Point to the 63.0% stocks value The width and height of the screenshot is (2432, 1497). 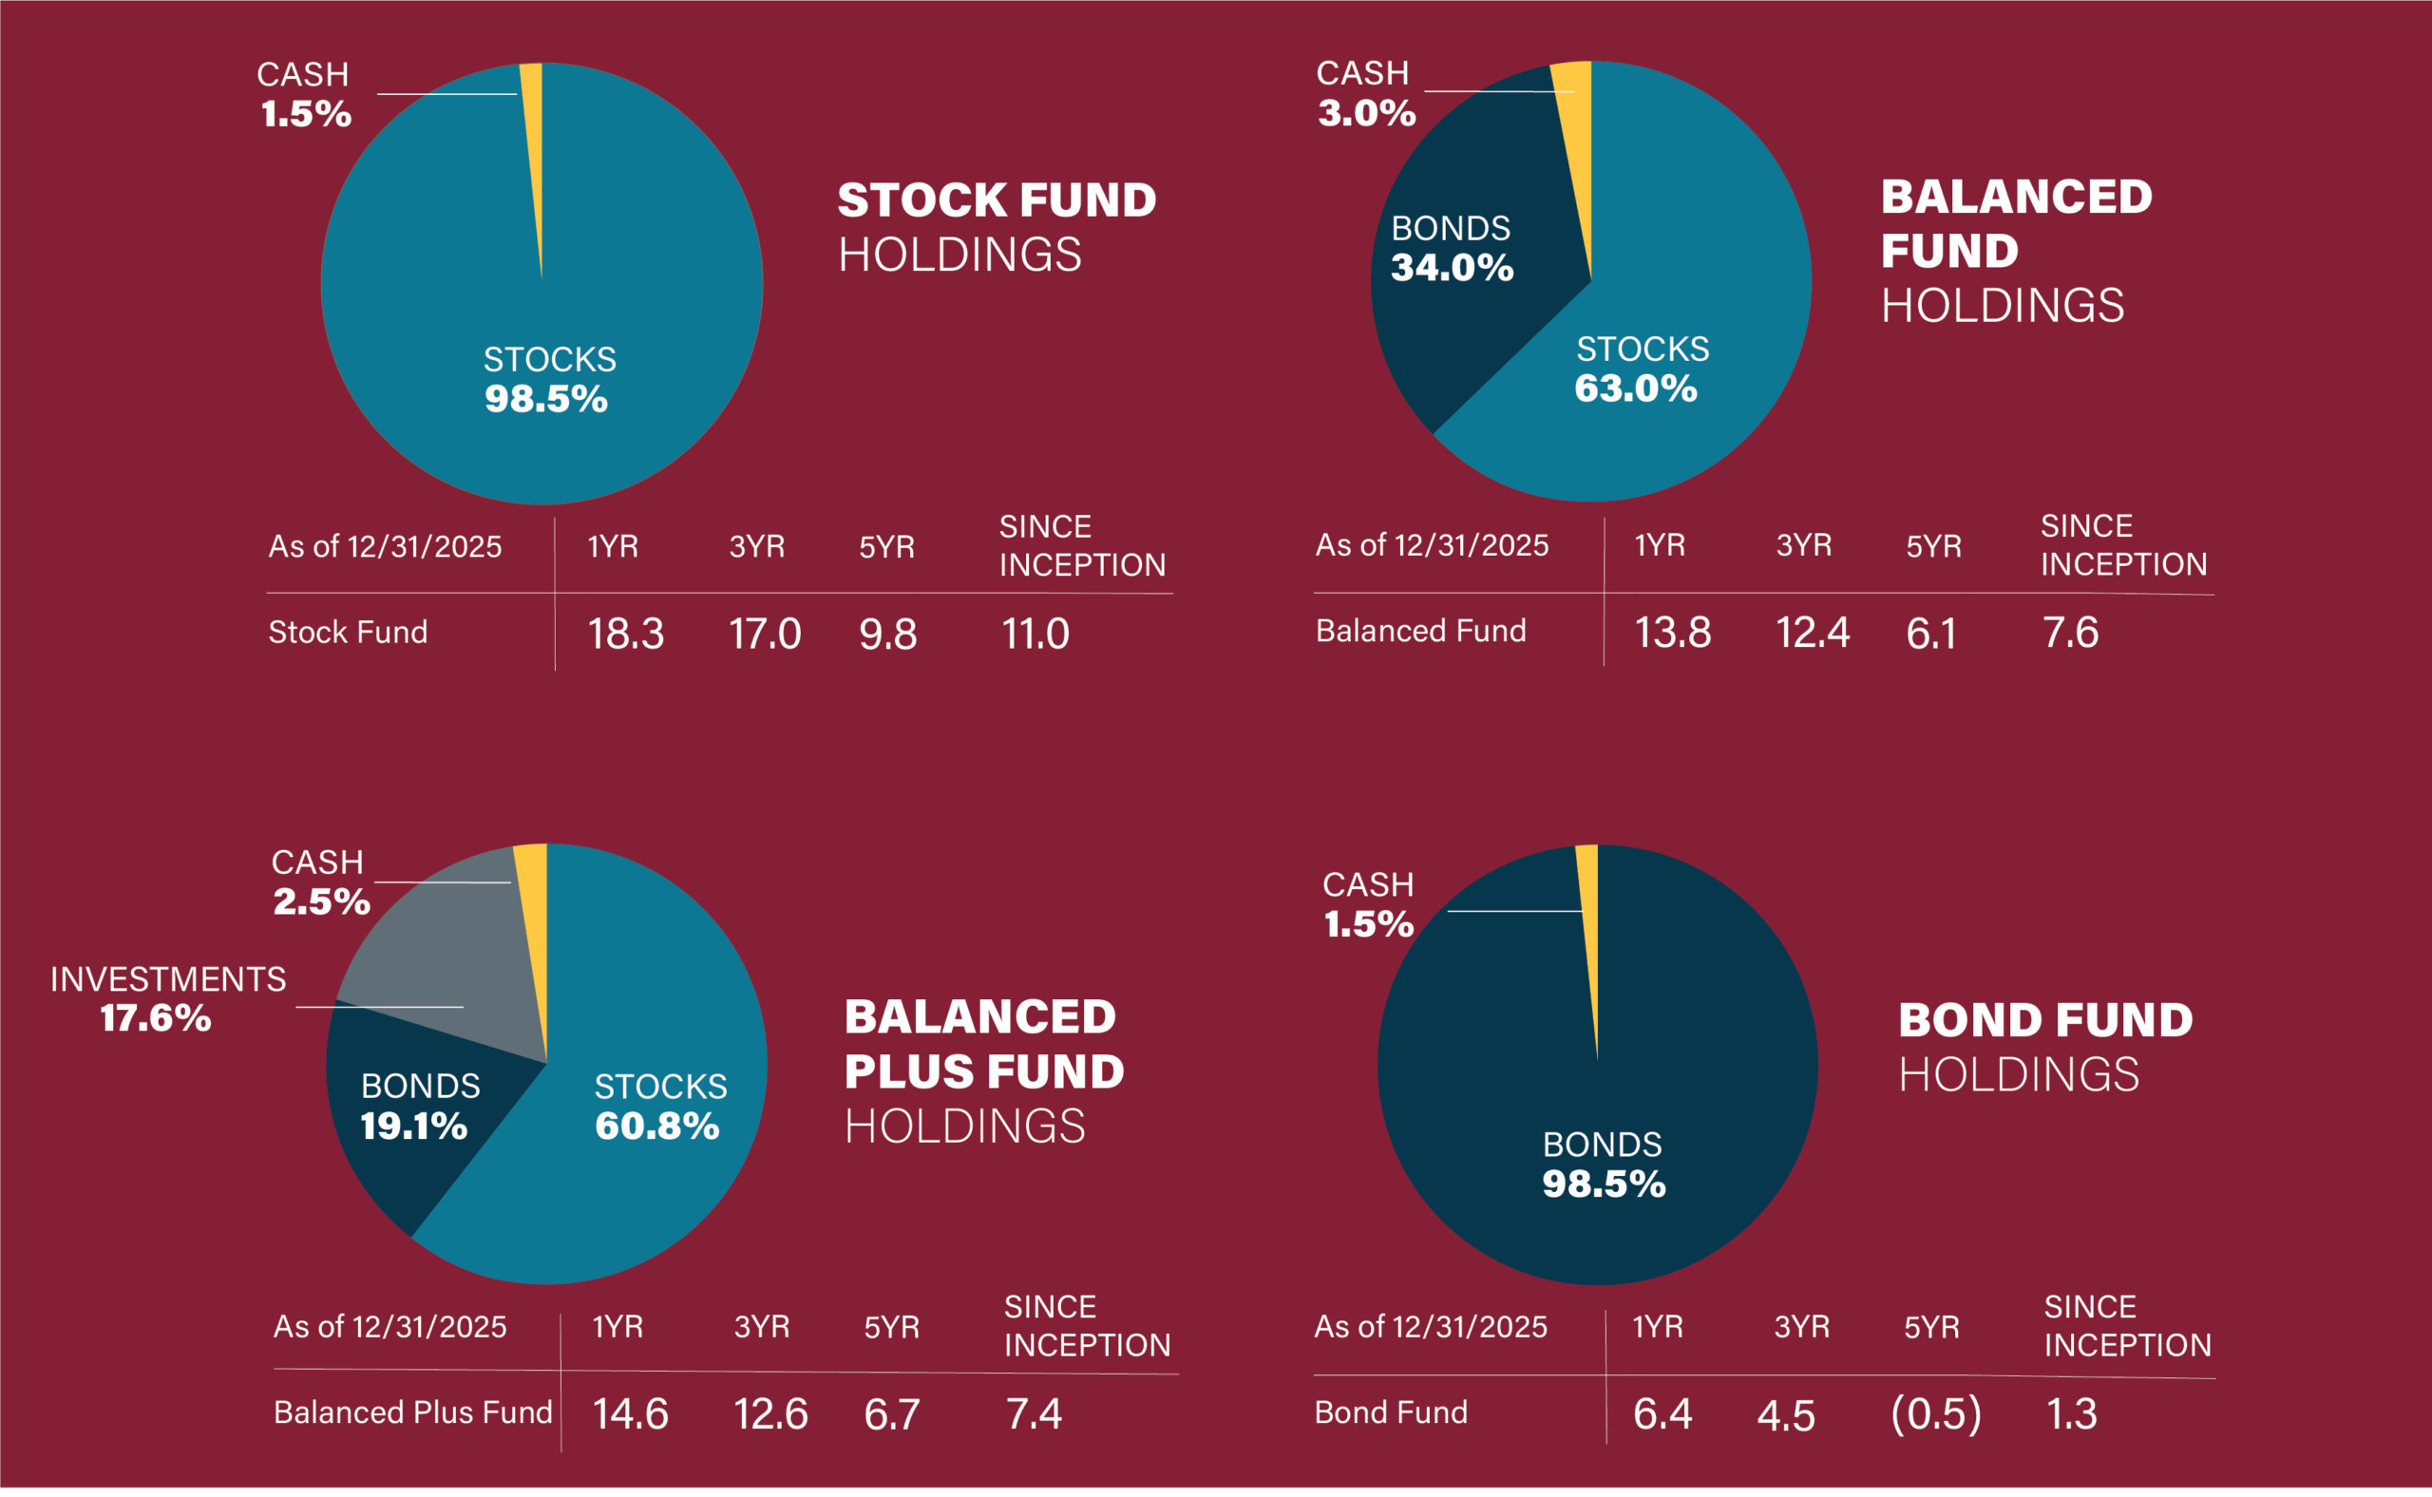click(1636, 388)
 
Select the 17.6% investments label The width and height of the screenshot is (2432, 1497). click(157, 1018)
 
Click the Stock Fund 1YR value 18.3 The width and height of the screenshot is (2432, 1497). click(625, 634)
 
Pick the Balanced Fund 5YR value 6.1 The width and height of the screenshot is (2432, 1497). click(1931, 633)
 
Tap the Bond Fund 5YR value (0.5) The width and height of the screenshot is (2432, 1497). click(1936, 1412)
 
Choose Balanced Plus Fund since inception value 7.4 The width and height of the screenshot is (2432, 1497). click(1034, 1413)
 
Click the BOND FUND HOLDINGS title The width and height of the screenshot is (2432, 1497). click(2043, 1047)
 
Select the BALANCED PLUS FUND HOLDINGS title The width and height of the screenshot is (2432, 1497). click(982, 1071)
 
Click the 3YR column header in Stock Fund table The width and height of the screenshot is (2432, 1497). click(756, 546)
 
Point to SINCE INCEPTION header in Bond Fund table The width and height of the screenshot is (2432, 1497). click(2127, 1326)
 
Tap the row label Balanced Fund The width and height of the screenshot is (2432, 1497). click(1420, 631)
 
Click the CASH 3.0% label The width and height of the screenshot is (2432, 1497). click(1365, 93)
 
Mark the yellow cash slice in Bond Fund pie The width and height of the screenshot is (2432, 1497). click(1589, 911)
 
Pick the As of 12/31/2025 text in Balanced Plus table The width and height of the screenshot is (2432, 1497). click(389, 1327)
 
